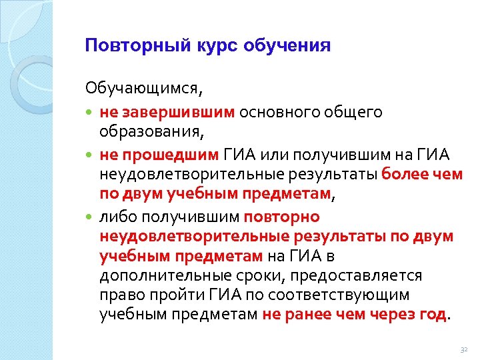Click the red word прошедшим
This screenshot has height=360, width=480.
coord(169,156)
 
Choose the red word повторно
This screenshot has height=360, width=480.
coord(282,217)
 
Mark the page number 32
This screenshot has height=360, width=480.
coord(465,349)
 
